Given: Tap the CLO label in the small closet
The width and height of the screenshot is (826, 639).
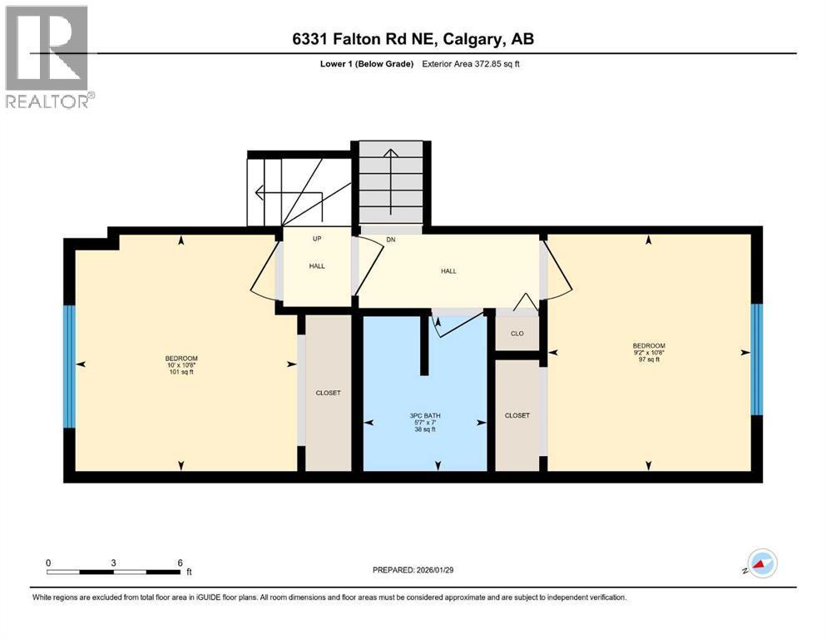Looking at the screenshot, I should [x=517, y=333].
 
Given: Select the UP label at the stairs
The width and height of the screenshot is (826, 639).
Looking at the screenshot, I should [x=317, y=239].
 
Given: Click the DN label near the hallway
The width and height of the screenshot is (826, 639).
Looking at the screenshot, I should [x=390, y=240].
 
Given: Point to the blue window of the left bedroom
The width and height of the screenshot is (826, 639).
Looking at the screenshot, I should [x=70, y=365].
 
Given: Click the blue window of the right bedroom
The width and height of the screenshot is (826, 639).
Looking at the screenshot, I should [x=756, y=359].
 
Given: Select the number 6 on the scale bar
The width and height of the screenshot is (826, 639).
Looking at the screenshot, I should [x=180, y=562].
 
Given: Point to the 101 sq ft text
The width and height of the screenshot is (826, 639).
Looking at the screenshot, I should [x=180, y=373].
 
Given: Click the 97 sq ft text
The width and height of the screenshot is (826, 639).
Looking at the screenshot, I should [x=649, y=359].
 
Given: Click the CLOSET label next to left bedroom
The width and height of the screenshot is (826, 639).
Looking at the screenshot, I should [x=328, y=393].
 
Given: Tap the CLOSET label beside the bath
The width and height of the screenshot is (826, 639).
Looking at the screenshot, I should [x=517, y=415].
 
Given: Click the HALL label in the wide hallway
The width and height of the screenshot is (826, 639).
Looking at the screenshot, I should [x=448, y=270].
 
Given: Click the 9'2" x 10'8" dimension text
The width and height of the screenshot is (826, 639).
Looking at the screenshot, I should [x=649, y=352].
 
